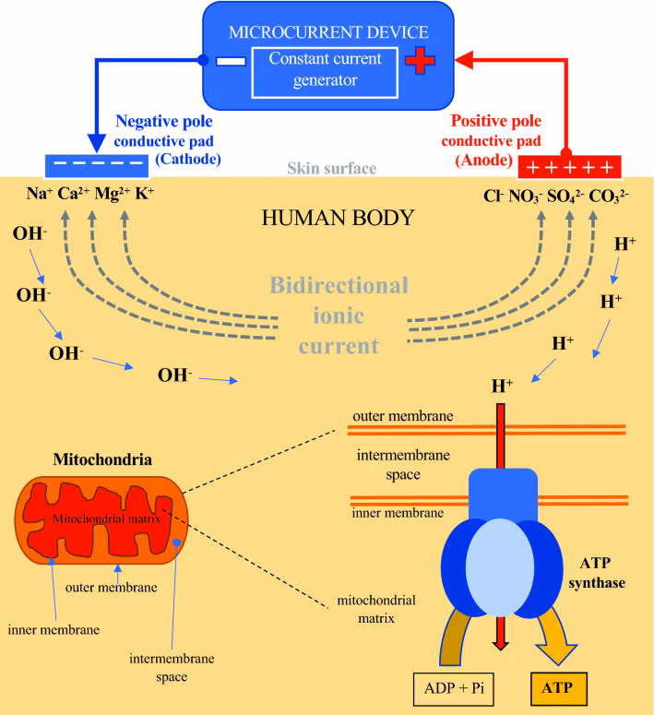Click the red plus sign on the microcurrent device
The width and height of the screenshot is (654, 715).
tap(420, 61)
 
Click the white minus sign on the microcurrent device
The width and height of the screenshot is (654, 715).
tap(232, 62)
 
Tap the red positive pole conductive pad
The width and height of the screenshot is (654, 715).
tap(569, 166)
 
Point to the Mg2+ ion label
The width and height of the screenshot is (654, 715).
tap(113, 195)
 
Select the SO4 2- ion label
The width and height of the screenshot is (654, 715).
tap(565, 196)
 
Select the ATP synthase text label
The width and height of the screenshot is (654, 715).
tap(602, 575)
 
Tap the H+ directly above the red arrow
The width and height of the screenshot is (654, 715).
tap(502, 387)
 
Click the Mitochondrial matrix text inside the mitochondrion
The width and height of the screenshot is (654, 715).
tap(106, 518)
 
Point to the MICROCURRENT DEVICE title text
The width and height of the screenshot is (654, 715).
tap(328, 31)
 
